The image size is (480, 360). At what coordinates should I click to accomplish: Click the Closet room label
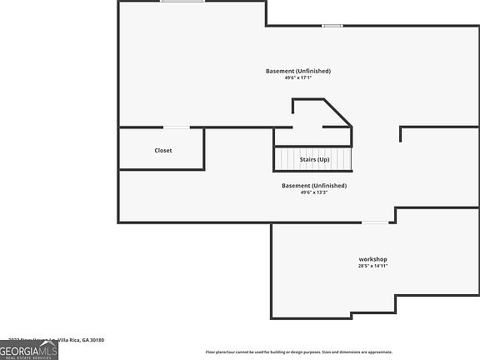tap(163, 150)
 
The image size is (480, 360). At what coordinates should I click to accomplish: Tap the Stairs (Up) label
tap(314, 159)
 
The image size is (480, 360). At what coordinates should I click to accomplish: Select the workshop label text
tap(372, 259)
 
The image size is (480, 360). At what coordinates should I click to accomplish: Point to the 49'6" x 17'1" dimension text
tap(298, 78)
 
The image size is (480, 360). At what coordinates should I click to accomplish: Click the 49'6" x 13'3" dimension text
tap(314, 192)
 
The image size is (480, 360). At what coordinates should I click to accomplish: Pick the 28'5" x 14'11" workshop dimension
tap(372, 267)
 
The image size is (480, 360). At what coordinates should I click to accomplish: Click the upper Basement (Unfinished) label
tap(298, 71)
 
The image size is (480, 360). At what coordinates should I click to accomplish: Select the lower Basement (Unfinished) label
tap(314, 185)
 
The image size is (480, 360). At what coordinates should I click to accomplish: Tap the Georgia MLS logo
tap(29, 352)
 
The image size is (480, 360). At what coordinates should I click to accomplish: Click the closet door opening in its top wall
tap(176, 127)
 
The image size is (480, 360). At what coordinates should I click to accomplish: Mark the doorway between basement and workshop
tap(374, 222)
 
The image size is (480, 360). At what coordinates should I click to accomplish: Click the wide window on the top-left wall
tap(183, 2)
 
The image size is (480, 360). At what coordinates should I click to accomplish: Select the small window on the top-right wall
tap(332, 26)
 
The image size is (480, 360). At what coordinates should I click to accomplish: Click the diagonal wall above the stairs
tap(337, 112)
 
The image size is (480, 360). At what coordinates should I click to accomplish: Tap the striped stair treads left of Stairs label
tap(288, 159)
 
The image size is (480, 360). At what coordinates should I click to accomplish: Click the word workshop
tap(372, 259)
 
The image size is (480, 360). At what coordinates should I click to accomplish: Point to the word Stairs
tap(307, 159)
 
